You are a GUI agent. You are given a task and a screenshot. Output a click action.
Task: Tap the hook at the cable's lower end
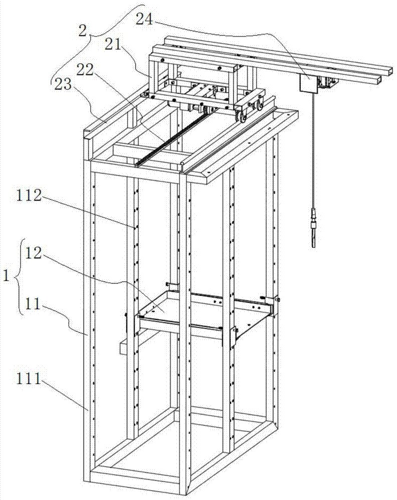(313, 235)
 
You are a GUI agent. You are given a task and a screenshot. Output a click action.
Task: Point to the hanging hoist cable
(311, 150)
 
